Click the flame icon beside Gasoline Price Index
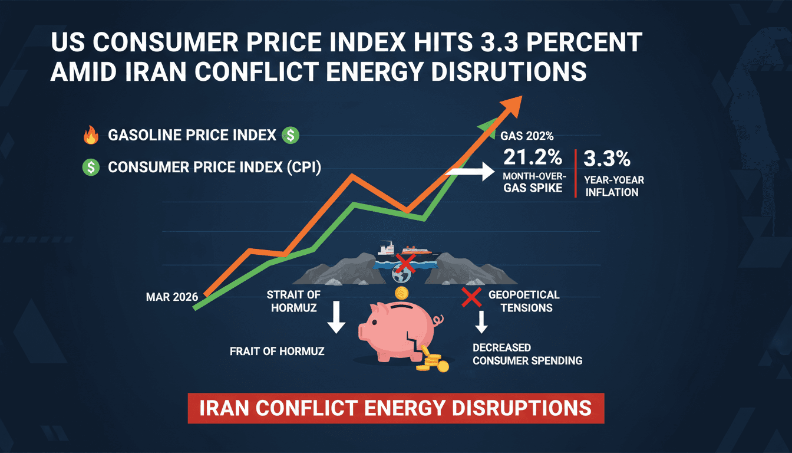pos(90,136)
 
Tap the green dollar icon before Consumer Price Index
pos(90,168)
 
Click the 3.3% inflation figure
pos(607,159)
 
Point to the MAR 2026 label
pos(171,297)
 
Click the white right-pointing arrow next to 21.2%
pos(471,172)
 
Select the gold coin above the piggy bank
pos(402,293)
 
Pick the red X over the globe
pos(405,262)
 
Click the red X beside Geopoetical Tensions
pos(471,298)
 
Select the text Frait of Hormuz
pos(277,352)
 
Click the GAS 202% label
pos(526,136)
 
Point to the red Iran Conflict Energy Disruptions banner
pos(395,408)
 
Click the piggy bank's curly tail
pos(437,320)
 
